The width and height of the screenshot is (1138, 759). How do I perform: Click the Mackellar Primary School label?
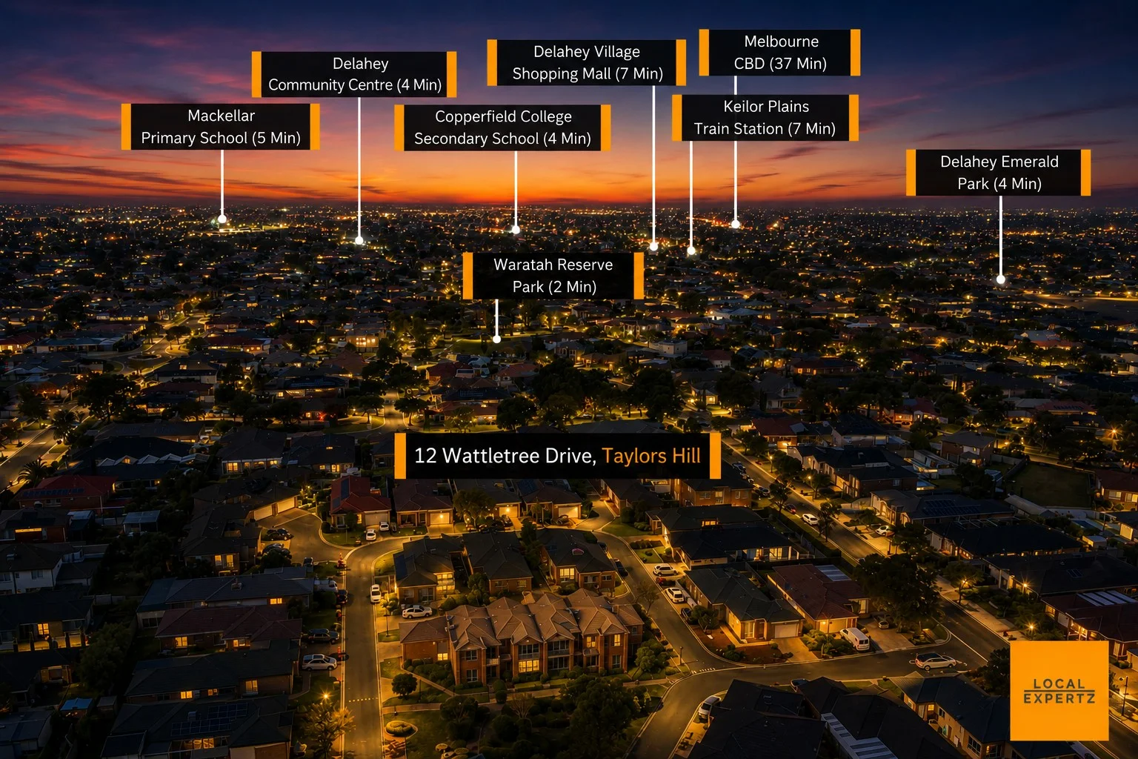tap(221, 127)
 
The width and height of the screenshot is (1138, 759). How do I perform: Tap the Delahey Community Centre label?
tap(354, 74)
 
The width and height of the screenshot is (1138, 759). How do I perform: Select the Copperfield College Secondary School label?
tap(502, 127)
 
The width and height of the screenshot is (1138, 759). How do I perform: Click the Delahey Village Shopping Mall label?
tap(586, 62)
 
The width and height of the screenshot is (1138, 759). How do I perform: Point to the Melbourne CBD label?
tap(780, 53)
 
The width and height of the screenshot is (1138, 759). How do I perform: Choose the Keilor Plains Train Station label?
tap(765, 117)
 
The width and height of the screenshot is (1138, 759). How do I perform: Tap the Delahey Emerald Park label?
tap(998, 173)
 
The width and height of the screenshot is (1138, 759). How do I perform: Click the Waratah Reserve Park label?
tap(553, 276)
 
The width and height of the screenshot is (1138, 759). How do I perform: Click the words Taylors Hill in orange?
tap(651, 456)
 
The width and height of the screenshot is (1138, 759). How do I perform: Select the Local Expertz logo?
tap(1059, 690)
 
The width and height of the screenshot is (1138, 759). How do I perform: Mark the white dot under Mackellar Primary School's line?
tap(222, 219)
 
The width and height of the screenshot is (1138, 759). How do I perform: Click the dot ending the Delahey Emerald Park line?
tap(1001, 279)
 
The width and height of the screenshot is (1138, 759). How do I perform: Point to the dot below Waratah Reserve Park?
tap(497, 339)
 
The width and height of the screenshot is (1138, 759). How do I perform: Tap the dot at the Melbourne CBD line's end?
tap(736, 224)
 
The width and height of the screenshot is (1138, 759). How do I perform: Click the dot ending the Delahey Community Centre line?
tap(359, 240)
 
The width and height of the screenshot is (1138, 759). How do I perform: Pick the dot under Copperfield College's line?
tap(516, 230)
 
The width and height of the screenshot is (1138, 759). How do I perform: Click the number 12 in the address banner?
tap(425, 456)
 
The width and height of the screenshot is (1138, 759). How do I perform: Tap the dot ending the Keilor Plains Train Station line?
tap(691, 250)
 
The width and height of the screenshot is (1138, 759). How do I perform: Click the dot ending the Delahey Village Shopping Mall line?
tap(654, 247)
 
